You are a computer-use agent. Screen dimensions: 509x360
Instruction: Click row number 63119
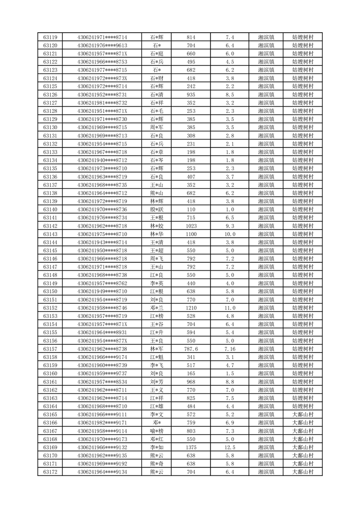50,37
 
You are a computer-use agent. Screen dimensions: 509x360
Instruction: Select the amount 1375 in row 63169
191,447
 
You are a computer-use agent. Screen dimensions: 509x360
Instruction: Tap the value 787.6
191,349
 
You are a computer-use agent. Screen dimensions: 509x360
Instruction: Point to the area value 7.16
230,349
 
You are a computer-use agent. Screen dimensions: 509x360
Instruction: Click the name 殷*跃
157,210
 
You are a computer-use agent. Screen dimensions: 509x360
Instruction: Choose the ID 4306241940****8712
102,160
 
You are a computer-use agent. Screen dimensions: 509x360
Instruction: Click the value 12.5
230,447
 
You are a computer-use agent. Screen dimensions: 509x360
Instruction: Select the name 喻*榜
157,431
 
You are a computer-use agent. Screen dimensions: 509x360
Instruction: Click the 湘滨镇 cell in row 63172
266,472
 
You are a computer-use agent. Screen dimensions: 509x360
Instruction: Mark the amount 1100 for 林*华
191,234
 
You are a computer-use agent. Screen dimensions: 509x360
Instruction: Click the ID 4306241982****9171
102,423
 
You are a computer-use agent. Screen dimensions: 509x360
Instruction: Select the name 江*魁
157,357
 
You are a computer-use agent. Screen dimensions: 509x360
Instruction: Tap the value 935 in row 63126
191,95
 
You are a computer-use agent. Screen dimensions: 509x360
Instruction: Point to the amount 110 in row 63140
191,210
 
